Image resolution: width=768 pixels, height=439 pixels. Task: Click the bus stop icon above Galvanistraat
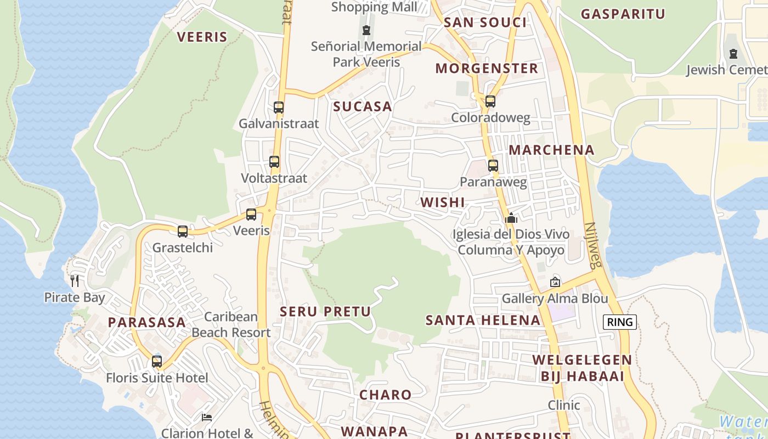(x=279, y=107)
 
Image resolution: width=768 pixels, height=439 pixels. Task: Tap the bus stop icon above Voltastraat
(x=274, y=162)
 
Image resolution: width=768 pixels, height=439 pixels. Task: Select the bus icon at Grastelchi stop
(x=183, y=231)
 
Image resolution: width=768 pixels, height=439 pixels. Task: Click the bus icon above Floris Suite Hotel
(x=157, y=362)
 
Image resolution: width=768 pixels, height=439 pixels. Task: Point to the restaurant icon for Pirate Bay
(x=75, y=281)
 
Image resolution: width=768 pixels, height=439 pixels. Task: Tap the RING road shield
(x=620, y=322)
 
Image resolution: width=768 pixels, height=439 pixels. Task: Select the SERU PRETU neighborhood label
(x=325, y=312)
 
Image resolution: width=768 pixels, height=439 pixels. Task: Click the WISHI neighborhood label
(x=443, y=202)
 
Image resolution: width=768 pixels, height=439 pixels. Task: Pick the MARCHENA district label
(x=551, y=150)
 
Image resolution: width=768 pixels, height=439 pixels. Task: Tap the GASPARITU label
(x=623, y=14)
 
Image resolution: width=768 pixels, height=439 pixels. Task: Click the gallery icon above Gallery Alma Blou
(x=555, y=282)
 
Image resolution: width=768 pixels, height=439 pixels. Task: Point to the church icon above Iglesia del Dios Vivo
(x=511, y=218)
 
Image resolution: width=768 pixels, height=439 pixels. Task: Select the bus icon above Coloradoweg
(x=490, y=101)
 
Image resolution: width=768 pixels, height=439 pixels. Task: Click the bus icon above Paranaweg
(x=493, y=165)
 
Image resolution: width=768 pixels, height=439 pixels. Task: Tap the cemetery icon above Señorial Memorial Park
(x=366, y=30)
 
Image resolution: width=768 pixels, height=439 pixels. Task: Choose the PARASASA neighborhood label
(x=146, y=322)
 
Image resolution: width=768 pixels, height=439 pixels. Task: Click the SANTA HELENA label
(x=483, y=320)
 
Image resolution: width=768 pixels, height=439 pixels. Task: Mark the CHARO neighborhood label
(x=385, y=395)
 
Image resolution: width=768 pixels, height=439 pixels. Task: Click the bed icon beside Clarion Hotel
(x=207, y=418)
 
